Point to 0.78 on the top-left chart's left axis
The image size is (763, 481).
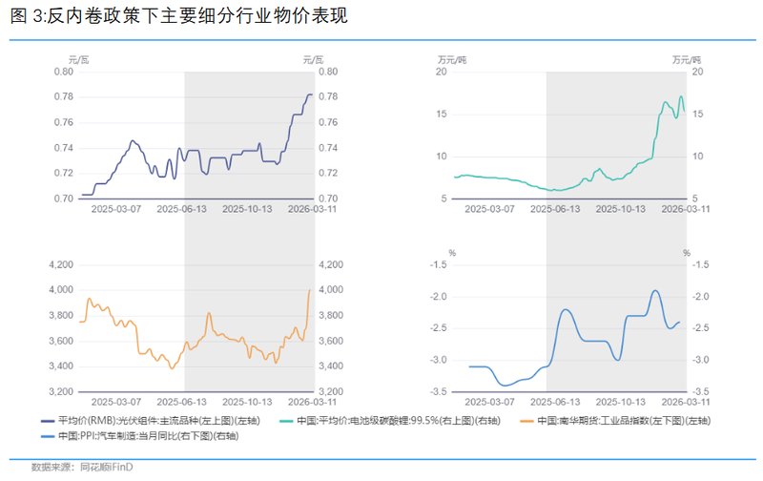[62, 96]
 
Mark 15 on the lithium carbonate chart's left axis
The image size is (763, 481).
[442, 115]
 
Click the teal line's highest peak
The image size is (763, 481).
[680, 95]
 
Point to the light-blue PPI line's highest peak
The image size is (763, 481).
[655, 290]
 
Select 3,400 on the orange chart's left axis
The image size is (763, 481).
[59, 366]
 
